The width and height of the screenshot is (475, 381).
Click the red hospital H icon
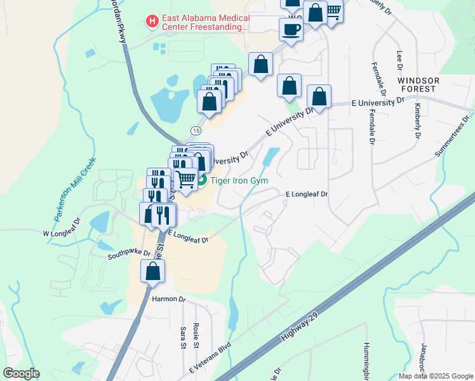tap(152, 22)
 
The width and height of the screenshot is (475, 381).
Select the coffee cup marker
tap(291, 29)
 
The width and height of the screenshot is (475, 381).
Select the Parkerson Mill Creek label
tap(74, 189)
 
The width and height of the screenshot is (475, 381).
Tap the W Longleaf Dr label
tap(63, 227)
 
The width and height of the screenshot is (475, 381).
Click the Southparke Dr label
tap(129, 253)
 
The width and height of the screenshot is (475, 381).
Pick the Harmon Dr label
tap(168, 299)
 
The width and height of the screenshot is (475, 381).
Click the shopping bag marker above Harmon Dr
tap(153, 272)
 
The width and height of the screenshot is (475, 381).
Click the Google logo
tap(21, 373)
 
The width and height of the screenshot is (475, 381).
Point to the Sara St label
tap(182, 337)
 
